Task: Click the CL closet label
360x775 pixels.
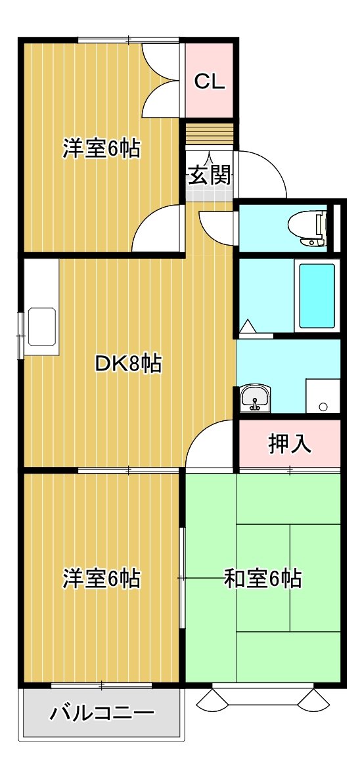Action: (209, 82)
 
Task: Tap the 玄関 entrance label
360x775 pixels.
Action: (210, 175)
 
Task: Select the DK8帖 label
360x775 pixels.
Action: (127, 365)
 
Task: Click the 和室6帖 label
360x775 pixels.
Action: (263, 578)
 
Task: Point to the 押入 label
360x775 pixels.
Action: (290, 443)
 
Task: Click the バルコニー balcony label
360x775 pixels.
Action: (102, 713)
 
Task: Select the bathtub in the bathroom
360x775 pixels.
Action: (317, 296)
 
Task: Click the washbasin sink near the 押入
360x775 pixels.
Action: (255, 397)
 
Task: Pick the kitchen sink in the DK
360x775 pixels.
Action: (42, 326)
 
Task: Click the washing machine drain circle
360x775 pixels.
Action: (323, 407)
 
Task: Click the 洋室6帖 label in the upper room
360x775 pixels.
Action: (101, 148)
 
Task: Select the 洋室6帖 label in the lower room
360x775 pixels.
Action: (101, 578)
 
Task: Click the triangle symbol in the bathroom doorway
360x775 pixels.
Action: (247, 326)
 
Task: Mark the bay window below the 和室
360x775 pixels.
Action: (263, 697)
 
